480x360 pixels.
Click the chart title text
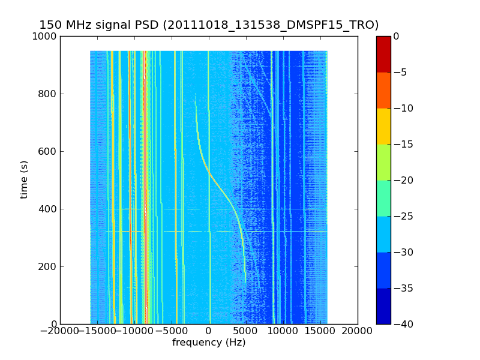coord(209,25)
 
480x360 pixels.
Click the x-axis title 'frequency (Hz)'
coord(209,343)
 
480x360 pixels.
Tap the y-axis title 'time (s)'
coord(24,179)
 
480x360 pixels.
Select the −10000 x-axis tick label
coord(134,332)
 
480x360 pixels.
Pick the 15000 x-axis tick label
coord(320,332)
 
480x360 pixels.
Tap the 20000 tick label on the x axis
coord(358,332)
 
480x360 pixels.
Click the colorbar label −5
coord(401,72)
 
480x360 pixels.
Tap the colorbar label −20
coord(403,180)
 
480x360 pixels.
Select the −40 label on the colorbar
coord(403,324)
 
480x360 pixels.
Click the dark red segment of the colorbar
coord(383,54)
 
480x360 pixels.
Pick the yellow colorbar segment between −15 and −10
coord(383,126)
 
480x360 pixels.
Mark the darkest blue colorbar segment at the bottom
coord(383,306)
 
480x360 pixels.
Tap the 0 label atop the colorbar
coord(397,36)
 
